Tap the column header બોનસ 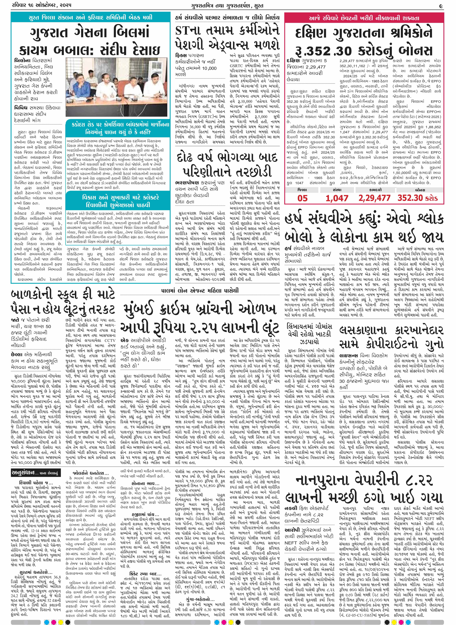pos(420,190)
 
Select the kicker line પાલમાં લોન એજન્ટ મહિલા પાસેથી pos(200,290)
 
